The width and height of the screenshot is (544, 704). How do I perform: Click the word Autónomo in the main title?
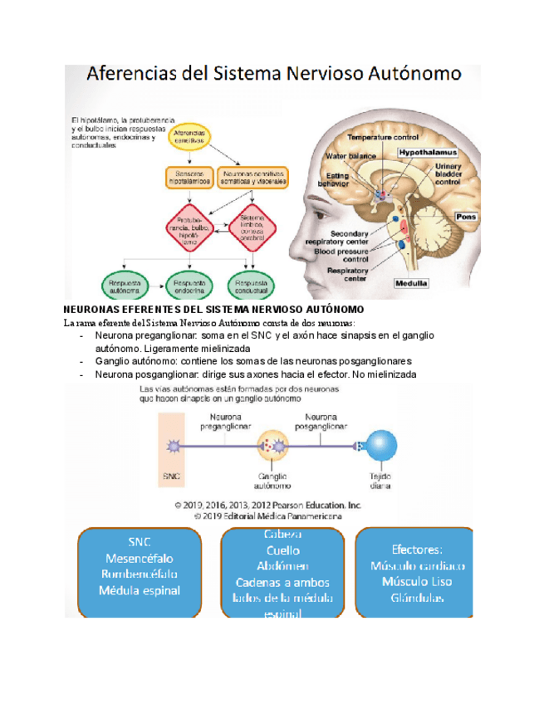click(412, 74)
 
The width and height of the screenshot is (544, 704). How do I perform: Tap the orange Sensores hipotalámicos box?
click(190, 176)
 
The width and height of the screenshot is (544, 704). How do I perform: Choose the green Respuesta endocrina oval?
click(190, 286)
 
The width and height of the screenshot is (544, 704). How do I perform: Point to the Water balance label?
click(350, 155)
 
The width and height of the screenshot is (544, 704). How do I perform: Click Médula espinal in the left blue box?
click(140, 591)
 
